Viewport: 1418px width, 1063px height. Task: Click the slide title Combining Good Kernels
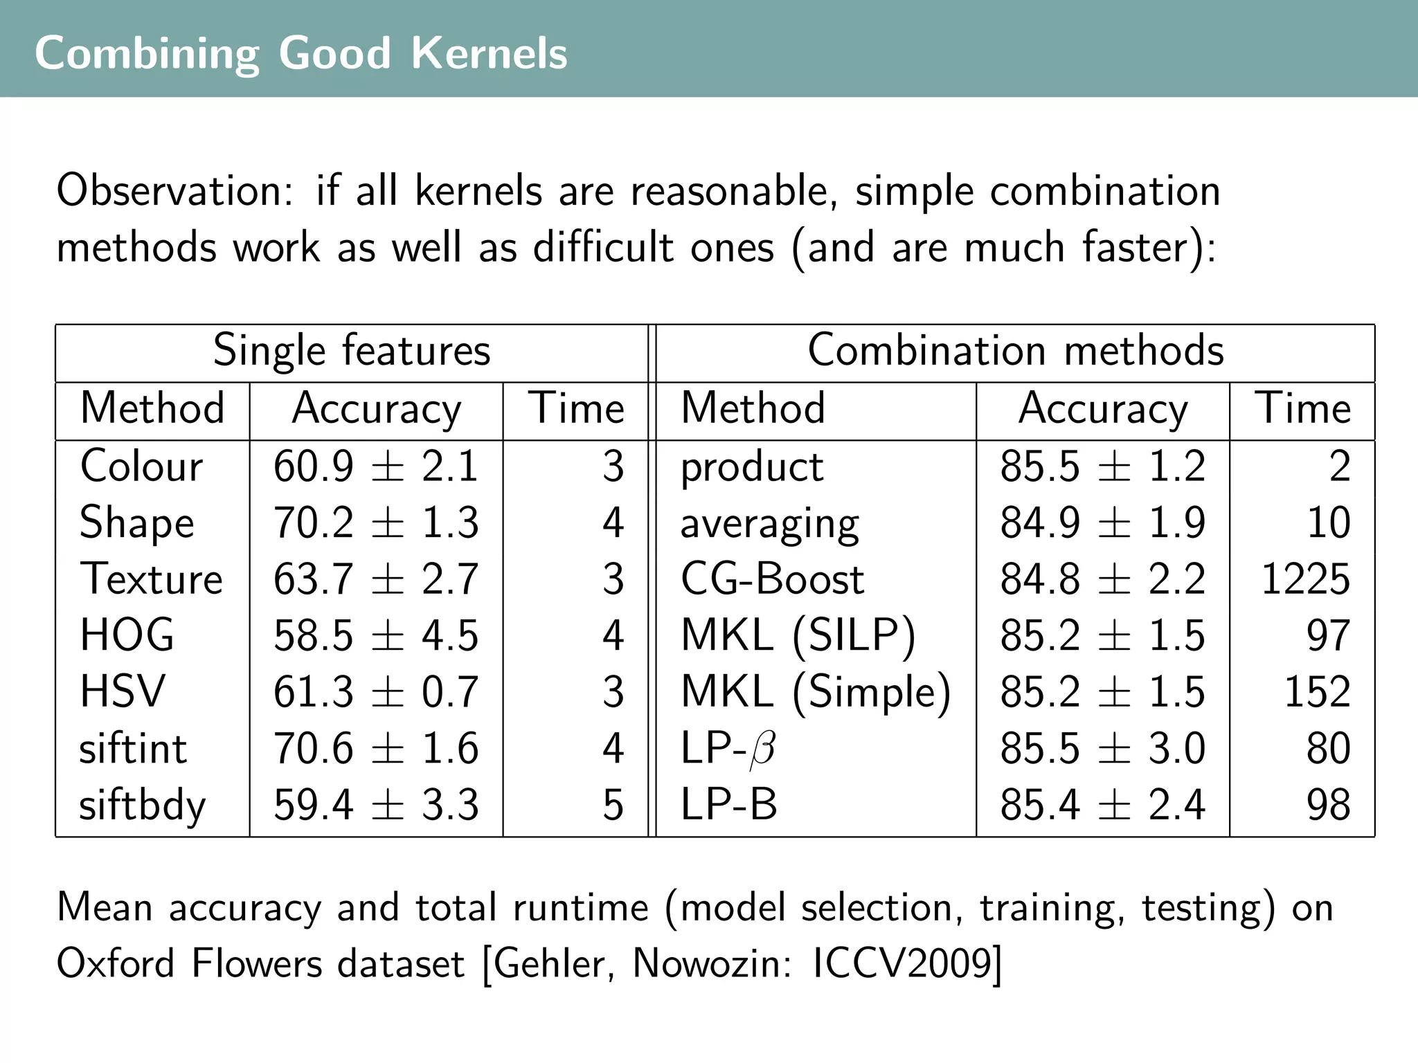coord(300,53)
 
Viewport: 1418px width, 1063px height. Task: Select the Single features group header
coord(351,351)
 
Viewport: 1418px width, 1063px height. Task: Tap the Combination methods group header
coord(1015,351)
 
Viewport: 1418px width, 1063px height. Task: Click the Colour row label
coord(141,466)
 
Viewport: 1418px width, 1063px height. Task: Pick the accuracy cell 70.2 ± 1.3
coord(375,523)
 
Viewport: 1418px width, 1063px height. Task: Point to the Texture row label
coord(151,579)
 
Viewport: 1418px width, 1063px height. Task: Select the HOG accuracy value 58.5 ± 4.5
coord(375,635)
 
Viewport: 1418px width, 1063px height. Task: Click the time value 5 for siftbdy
coord(613,805)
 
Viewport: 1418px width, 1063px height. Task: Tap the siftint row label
coord(133,749)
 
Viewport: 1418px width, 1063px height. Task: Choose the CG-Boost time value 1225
coord(1305,579)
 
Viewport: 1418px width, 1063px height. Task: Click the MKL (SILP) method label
coord(798,635)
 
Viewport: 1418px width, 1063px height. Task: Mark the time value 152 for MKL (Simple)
coord(1317,692)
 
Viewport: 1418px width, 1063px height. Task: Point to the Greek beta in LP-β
coord(762,750)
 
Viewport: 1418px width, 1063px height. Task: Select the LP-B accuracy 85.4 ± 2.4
coord(1102,805)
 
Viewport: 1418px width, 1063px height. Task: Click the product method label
coord(752,467)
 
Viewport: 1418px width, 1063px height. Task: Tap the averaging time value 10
coord(1328,523)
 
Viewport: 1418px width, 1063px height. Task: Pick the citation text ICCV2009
coord(904,963)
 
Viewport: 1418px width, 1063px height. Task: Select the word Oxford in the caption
coord(115,963)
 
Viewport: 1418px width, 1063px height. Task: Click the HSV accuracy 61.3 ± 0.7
coord(375,692)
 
